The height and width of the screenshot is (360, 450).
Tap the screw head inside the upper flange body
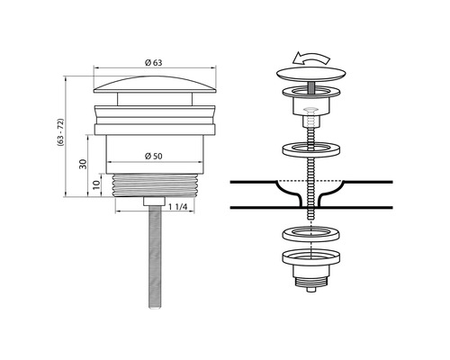310,114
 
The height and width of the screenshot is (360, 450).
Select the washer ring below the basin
310,236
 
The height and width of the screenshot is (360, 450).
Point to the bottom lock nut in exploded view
310,270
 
